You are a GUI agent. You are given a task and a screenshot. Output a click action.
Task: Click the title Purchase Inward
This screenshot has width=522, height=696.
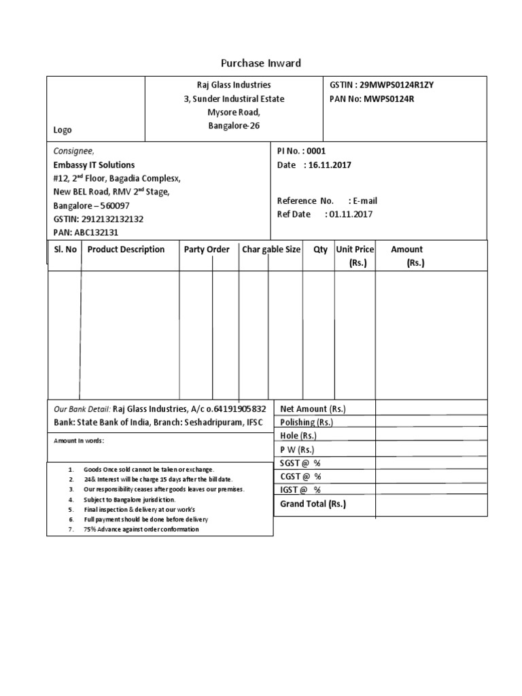pyautogui.click(x=261, y=63)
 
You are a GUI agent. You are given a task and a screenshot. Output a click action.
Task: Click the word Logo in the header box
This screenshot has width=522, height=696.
pyautogui.click(x=63, y=130)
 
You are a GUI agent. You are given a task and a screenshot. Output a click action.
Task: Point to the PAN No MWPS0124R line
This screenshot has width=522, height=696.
pyautogui.click(x=371, y=99)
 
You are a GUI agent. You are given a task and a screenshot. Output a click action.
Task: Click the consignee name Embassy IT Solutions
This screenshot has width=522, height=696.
pyautogui.click(x=94, y=165)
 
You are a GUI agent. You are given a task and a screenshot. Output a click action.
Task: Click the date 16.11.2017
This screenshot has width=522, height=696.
pyautogui.click(x=330, y=165)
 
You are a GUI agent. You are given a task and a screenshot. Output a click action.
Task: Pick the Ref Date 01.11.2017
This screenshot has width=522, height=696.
pyautogui.click(x=325, y=214)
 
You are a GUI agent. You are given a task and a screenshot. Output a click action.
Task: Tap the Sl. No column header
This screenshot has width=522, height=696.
pyautogui.click(x=65, y=249)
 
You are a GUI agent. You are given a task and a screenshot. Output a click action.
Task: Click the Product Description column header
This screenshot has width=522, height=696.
pyautogui.click(x=126, y=249)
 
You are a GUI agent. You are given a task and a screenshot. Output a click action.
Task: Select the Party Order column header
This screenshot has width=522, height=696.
pyautogui.click(x=207, y=249)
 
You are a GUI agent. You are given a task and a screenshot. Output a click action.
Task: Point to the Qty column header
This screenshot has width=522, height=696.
pyautogui.click(x=320, y=249)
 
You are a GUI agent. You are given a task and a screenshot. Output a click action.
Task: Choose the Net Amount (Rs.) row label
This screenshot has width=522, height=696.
pyautogui.click(x=313, y=408)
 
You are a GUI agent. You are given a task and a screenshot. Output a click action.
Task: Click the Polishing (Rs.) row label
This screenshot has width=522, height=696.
pyautogui.click(x=307, y=422)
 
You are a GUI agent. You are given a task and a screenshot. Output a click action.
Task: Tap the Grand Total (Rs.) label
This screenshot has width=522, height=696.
pyautogui.click(x=313, y=504)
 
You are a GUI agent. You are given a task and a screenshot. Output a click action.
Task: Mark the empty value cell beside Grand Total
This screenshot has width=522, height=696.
pyautogui.click(x=431, y=505)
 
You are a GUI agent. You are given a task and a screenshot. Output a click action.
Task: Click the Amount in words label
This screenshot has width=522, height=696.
pyautogui.click(x=79, y=440)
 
